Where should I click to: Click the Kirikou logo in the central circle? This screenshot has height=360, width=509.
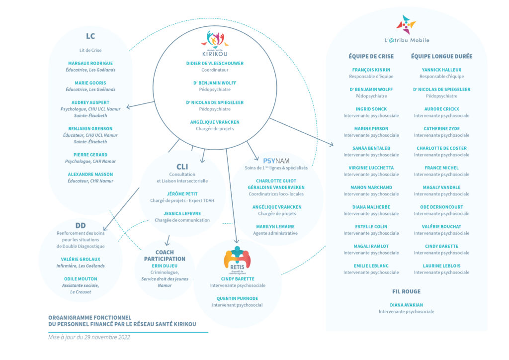(215, 43)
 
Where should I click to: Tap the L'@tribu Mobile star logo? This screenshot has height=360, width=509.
(406, 24)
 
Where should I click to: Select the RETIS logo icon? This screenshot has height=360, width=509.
(237, 260)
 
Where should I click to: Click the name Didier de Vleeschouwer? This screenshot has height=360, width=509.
(215, 63)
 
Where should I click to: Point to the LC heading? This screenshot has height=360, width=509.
(90, 36)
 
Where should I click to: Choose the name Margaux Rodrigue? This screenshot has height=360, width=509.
(90, 63)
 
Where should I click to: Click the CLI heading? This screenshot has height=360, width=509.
(182, 167)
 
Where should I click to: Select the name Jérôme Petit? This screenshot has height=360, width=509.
(182, 194)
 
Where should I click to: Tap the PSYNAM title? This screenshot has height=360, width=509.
(276, 161)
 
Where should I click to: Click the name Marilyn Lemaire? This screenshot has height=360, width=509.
(275, 227)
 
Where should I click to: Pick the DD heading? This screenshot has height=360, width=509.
(81, 226)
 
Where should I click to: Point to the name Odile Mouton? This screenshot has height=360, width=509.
(81, 279)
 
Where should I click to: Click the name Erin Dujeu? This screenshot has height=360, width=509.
(165, 266)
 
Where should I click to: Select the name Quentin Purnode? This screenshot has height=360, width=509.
(237, 298)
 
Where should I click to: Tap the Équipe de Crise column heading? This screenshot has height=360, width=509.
(371, 57)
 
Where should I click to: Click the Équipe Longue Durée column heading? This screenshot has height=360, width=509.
(441, 57)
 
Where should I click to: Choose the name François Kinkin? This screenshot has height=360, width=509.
(371, 70)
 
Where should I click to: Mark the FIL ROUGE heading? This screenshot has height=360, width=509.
(406, 291)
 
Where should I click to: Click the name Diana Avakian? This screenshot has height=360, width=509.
(406, 305)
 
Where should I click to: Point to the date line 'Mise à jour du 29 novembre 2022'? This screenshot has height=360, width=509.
(89, 337)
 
